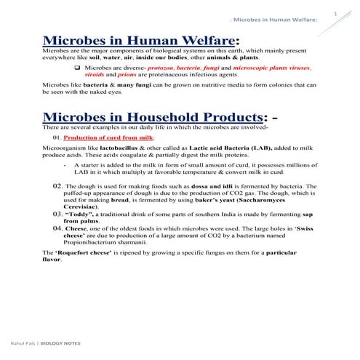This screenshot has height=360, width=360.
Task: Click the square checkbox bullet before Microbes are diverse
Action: click(78, 67)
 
